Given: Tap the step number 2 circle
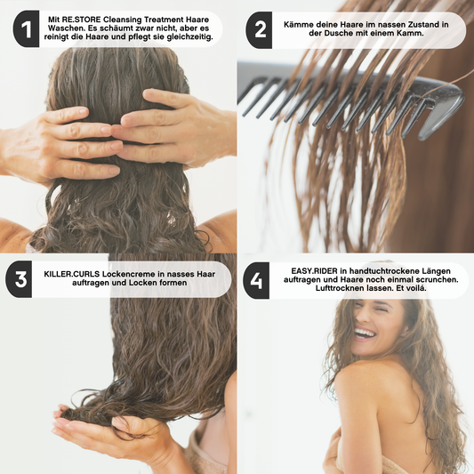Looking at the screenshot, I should pyautogui.click(x=260, y=29).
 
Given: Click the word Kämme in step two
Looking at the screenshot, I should pyautogui.click(x=299, y=21).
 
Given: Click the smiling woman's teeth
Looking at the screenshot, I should pyautogui.click(x=364, y=333).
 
